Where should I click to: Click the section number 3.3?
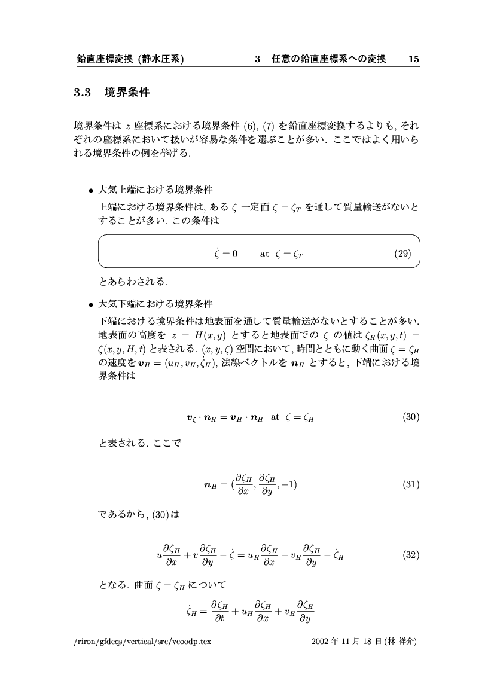pos(81,93)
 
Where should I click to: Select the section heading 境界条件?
pos(127,93)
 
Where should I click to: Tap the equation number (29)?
pos(403,253)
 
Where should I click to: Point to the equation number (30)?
pos(410,417)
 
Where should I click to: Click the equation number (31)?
pos(410,484)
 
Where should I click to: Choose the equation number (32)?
pos(410,555)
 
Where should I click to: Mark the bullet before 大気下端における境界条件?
pos(92,303)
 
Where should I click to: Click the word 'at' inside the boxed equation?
pos(264,253)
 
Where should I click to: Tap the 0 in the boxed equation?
pos(234,253)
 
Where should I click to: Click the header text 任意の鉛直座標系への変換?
pos(328,59)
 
